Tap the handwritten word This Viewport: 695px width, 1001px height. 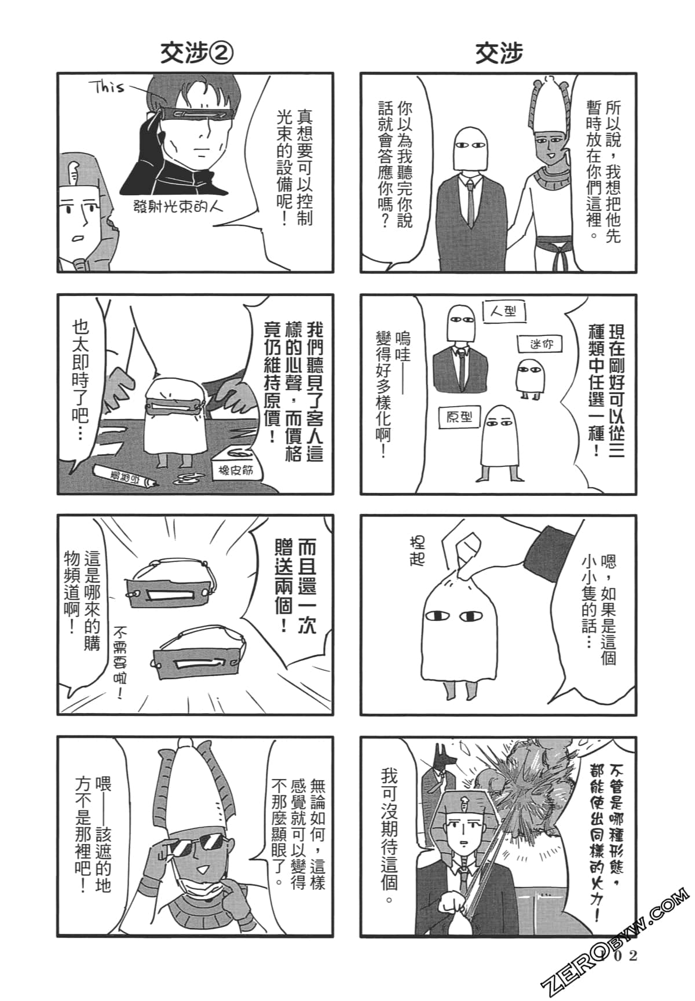tap(107, 87)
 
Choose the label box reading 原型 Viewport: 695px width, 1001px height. tap(459, 417)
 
